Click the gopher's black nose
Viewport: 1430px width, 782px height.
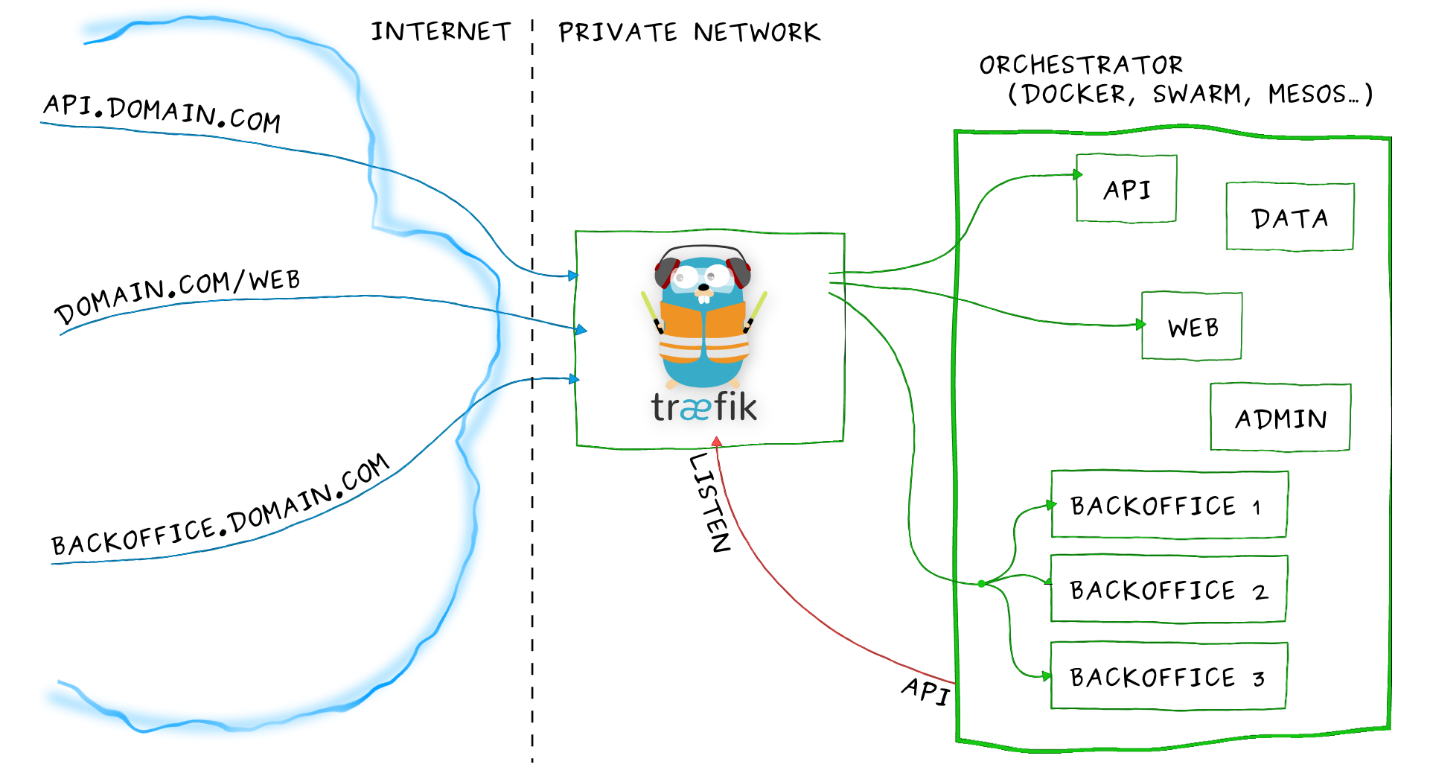click(x=703, y=287)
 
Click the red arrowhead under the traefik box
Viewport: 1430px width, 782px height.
click(x=716, y=442)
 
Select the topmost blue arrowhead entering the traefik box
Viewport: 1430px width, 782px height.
click(x=572, y=276)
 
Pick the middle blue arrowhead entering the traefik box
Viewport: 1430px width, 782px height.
click(x=581, y=329)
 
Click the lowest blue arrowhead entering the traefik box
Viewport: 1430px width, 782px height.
click(x=572, y=380)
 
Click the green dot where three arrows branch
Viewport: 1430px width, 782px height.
click(x=983, y=583)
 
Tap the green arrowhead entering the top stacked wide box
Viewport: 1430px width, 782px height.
click(x=1051, y=505)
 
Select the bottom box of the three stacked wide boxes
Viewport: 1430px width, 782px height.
click(x=1169, y=676)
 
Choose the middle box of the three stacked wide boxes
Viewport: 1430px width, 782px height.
click(x=1169, y=590)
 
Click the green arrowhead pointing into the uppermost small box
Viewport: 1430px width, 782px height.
click(x=1077, y=174)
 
